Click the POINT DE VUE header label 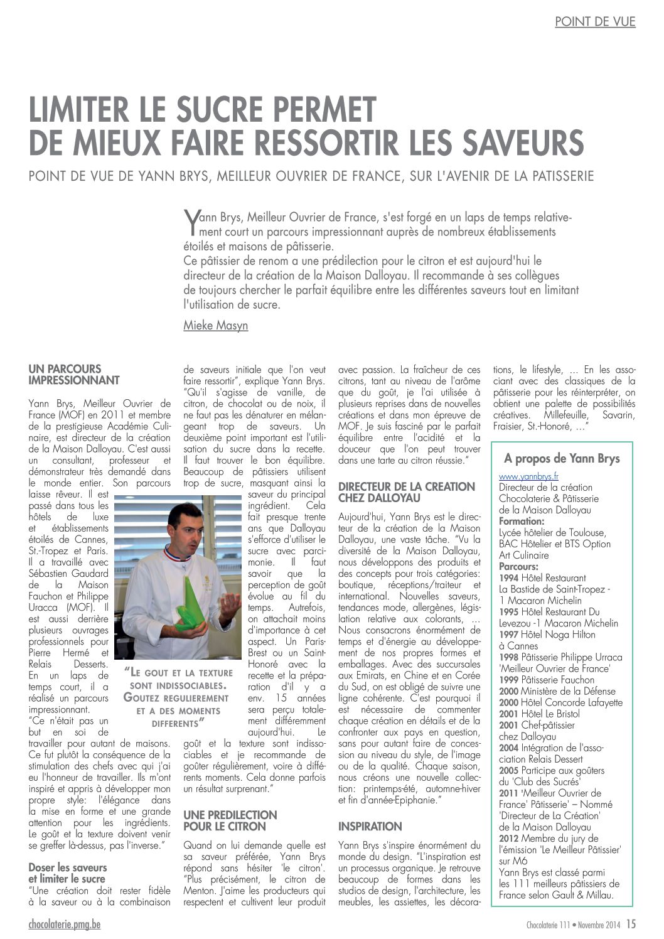pos(595,22)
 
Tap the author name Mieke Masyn pos(215,325)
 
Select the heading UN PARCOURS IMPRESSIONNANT pos(74,375)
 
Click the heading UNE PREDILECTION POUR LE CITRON pos(230,820)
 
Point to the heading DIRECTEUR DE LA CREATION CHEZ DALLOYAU pos(406,492)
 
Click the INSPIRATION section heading pos(370,826)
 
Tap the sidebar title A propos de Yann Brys pos(561,458)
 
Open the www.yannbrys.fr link pos(528,476)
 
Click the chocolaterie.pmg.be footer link pos(65,923)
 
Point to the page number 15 pos(631,923)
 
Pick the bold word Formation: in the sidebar pos(521,522)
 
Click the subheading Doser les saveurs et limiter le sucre pos(68,873)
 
